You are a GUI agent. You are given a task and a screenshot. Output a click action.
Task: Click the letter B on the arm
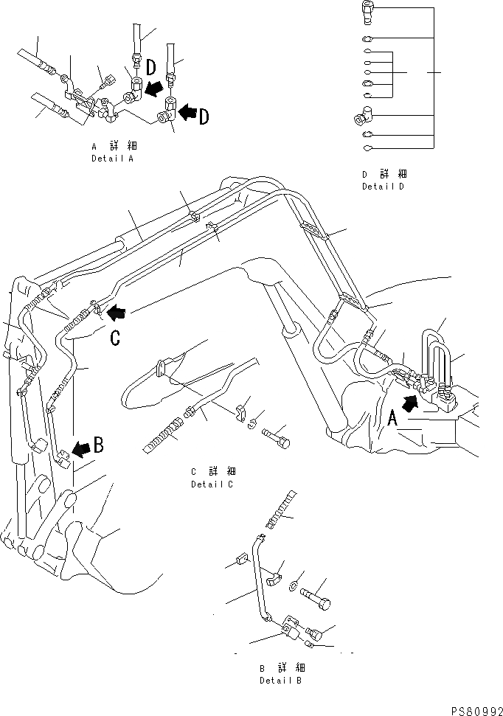click(98, 446)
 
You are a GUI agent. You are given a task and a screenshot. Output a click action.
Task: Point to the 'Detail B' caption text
click(281, 681)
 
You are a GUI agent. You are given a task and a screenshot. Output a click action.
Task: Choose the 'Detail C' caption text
click(212, 484)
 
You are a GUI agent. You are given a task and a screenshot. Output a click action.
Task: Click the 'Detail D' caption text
click(384, 187)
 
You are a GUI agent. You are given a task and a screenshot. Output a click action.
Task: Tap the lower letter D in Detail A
click(204, 116)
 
